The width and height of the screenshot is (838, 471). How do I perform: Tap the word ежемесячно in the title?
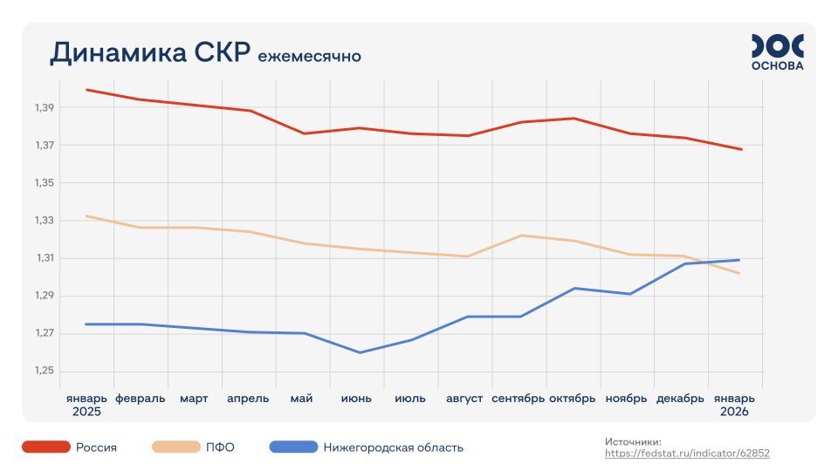pyautogui.click(x=309, y=57)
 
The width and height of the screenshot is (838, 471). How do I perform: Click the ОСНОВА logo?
pyautogui.click(x=777, y=52)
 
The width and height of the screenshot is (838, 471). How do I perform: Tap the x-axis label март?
pyautogui.click(x=194, y=399)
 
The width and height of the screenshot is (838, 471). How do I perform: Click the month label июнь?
pyautogui.click(x=356, y=399)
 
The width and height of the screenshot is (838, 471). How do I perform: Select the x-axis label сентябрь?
pyautogui.click(x=519, y=399)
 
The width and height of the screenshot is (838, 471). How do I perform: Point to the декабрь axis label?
pyautogui.click(x=680, y=399)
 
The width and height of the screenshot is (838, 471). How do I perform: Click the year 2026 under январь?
pyautogui.click(x=734, y=412)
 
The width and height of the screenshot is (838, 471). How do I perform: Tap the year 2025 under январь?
pyautogui.click(x=86, y=412)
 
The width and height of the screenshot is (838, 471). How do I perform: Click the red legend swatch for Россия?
pyautogui.click(x=46, y=447)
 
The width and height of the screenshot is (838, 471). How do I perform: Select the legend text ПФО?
pyautogui.click(x=220, y=447)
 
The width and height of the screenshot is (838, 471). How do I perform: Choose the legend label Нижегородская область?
pyautogui.click(x=393, y=447)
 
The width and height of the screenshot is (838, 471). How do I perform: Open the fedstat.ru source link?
pyautogui.click(x=688, y=454)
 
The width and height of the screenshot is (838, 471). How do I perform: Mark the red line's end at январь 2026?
pyautogui.click(x=741, y=149)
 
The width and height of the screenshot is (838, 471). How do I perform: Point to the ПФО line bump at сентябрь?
pyautogui.click(x=520, y=235)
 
